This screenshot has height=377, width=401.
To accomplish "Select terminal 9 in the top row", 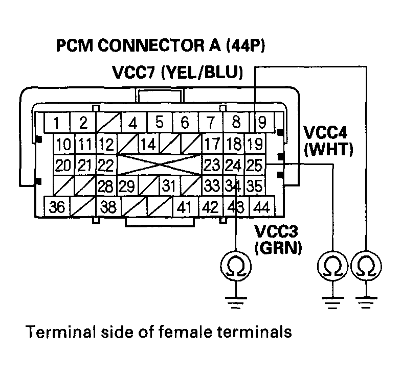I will (261, 123).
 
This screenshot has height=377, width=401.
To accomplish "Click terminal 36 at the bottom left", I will (57, 208).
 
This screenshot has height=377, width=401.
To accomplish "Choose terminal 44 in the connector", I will (261, 208).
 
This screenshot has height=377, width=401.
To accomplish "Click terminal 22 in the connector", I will (105, 165).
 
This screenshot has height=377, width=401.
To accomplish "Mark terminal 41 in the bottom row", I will (186, 208).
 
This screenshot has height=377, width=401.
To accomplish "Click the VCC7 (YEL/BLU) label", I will (177, 72).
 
